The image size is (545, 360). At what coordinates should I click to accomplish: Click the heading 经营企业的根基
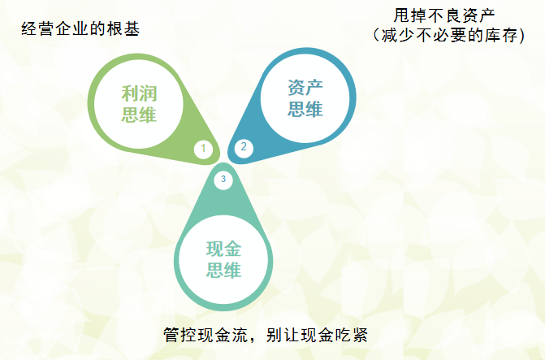point(80,29)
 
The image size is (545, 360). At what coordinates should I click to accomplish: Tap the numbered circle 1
point(203,150)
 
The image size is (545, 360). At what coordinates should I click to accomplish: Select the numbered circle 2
point(244,147)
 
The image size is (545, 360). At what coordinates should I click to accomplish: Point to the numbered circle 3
point(223,180)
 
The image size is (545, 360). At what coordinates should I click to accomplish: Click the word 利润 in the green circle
point(139,93)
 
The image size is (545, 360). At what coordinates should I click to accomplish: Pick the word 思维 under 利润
point(139,115)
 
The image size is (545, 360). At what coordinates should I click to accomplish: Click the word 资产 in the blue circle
point(305,88)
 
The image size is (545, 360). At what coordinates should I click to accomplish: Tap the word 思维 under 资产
point(305,109)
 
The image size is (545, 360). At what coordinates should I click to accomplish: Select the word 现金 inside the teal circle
point(223,249)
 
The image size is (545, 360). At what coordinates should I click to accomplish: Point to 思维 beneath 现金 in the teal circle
point(223,271)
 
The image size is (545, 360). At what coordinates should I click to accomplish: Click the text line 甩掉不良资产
point(444,15)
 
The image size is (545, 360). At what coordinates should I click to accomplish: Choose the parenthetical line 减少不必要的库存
point(448,36)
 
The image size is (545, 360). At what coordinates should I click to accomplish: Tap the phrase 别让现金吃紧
point(317,335)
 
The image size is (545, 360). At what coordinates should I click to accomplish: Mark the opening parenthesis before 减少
point(376,36)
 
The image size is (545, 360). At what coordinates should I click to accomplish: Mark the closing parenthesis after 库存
point(521,36)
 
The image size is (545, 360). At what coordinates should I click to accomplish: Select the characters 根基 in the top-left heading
point(123,29)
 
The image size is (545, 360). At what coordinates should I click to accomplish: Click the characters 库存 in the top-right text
point(500,36)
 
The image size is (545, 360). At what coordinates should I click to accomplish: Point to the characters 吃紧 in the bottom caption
point(351,335)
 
